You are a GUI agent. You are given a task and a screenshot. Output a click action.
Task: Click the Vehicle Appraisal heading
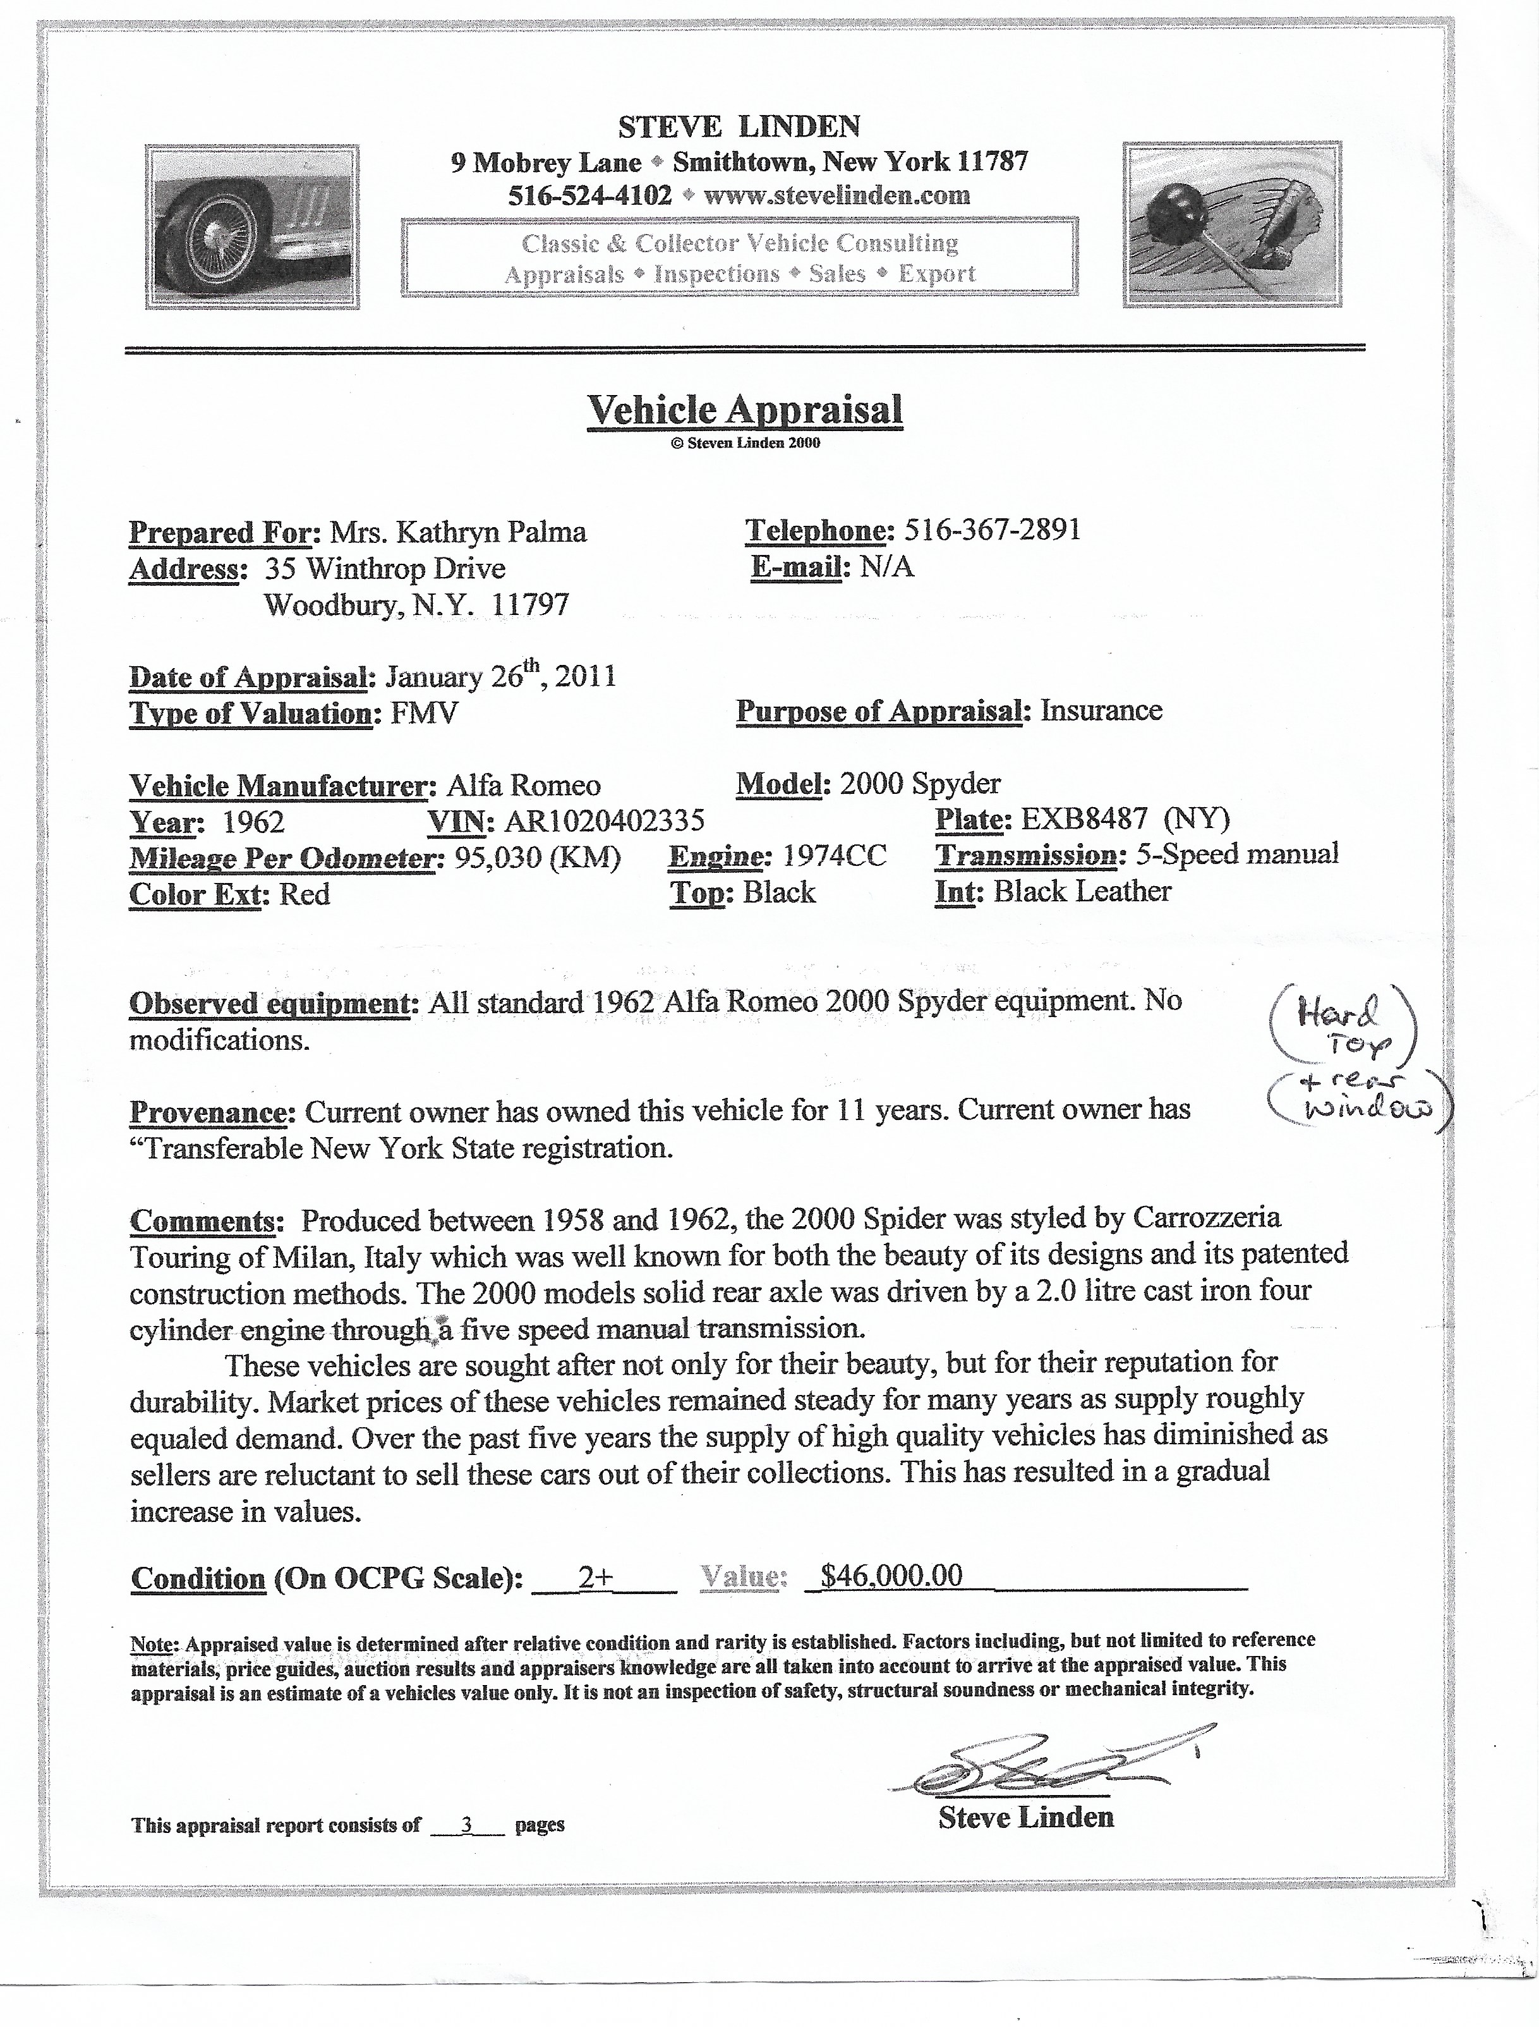click(x=745, y=410)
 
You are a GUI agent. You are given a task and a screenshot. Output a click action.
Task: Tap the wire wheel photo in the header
click(x=252, y=226)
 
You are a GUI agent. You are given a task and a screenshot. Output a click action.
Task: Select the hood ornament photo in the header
click(x=1232, y=224)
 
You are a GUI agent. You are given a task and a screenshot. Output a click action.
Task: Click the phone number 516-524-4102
click(x=590, y=195)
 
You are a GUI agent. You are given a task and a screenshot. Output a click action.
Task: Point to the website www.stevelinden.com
click(x=837, y=195)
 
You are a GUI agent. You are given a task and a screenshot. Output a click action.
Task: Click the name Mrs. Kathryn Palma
click(x=458, y=532)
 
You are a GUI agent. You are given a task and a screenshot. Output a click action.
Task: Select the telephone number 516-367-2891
click(x=992, y=530)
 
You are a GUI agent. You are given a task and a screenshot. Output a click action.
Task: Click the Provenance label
click(x=212, y=1112)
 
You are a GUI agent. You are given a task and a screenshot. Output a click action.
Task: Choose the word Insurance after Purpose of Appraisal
click(x=1101, y=710)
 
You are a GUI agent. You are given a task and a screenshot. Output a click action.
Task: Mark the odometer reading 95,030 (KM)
click(x=538, y=858)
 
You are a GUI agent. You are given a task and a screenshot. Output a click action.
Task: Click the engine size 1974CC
click(x=835, y=856)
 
